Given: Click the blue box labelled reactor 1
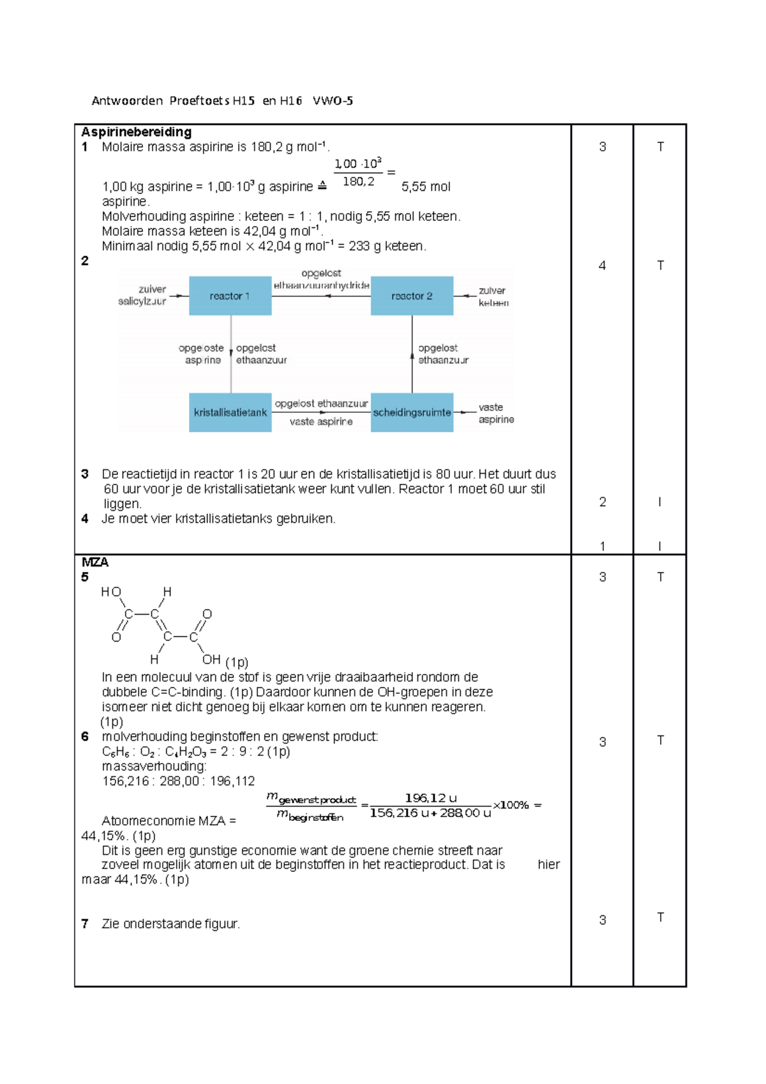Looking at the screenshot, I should (x=230, y=296).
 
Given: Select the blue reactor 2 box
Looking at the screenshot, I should (x=412, y=296).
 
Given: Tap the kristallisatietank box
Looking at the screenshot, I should (x=230, y=412).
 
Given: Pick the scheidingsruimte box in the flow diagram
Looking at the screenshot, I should (x=412, y=412).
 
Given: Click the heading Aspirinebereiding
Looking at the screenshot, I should (x=136, y=132).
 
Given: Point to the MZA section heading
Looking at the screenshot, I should (x=95, y=562).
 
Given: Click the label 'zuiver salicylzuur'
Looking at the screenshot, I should (x=142, y=295).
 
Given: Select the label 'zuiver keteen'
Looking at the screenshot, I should (x=493, y=297).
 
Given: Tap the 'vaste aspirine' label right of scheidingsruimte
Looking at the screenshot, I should (x=496, y=413).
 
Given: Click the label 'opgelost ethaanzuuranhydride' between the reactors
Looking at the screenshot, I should (x=321, y=280).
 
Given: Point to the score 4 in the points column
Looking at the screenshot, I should (x=602, y=266).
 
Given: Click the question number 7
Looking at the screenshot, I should (x=85, y=924).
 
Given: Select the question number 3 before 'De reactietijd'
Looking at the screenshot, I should (x=85, y=474).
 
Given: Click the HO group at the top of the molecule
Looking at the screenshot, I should (x=110, y=592).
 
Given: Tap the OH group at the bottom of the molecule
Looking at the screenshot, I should (x=211, y=659).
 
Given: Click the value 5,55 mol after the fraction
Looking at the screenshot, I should (x=426, y=187).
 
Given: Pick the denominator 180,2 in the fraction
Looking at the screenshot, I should (x=358, y=182).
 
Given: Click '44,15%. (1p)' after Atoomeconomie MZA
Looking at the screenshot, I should (x=119, y=836).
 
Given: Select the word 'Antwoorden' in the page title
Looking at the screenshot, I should (x=127, y=100).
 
